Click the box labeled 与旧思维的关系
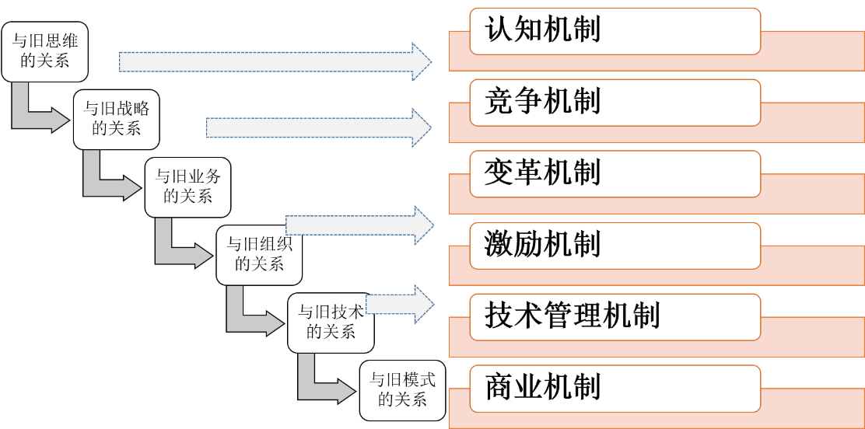point(44,52)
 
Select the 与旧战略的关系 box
point(116,119)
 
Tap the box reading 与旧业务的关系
point(187,187)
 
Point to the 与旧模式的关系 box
point(402,390)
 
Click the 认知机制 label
point(614,31)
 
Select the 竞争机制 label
point(614,102)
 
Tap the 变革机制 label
point(614,173)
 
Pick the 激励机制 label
point(614,245)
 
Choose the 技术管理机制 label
point(614,316)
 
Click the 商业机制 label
point(614,388)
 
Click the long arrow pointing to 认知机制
point(272,61)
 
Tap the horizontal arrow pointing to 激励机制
point(358,225)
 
